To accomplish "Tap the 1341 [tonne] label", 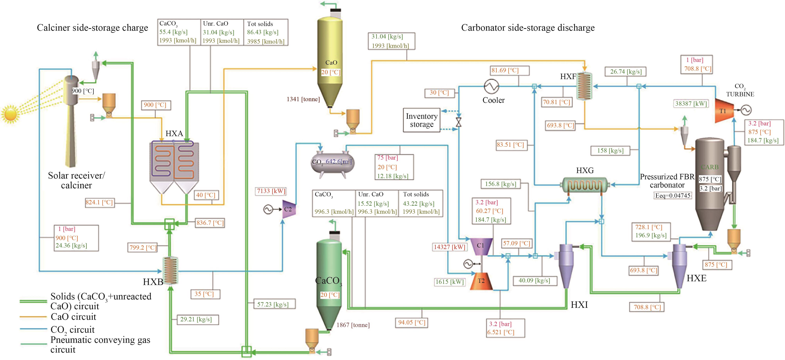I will coord(303,99).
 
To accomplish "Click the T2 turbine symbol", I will coord(481,281).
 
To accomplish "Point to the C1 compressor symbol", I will coord(481,246).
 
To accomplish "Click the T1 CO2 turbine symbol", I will coord(723,111).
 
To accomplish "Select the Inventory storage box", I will coord(421,120).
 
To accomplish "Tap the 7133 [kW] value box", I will coord(271,191).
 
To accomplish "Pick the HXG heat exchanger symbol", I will coord(584,185).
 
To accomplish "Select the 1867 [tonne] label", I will coord(353,325).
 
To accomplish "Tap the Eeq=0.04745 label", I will coord(673,196).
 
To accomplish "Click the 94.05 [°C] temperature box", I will coord(411,322).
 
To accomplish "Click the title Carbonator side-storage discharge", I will coord(528,28).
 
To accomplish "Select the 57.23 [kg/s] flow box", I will coord(272,304).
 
